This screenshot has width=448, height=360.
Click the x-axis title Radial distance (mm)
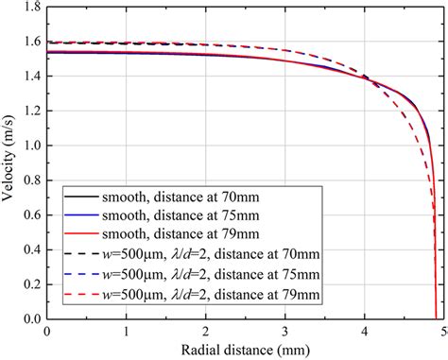pos(243,350)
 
